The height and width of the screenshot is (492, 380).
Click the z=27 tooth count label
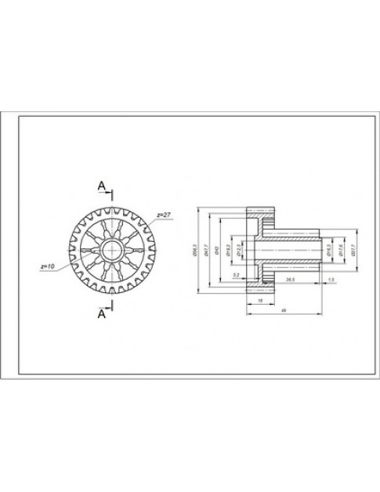coord(163,214)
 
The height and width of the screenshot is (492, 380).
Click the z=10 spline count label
coord(47,267)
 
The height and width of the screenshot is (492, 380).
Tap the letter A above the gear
coord(100,185)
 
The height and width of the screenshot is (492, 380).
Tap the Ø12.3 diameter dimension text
coord(235,250)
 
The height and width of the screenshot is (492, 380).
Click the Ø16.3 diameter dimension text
coord(330,249)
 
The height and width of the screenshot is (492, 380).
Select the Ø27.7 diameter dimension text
coord(353,249)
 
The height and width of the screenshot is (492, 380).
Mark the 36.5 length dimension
coord(290,279)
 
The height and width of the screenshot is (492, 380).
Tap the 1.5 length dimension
coord(331,279)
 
